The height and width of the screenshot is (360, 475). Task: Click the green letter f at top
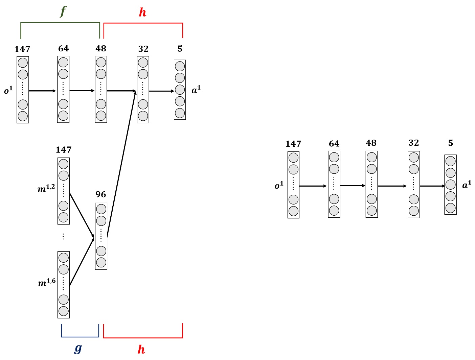(63, 11)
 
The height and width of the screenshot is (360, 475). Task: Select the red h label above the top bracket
(142, 13)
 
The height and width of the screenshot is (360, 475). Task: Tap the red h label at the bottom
(141, 350)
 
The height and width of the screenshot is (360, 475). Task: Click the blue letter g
(78, 348)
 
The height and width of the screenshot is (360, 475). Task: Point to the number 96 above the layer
(100, 194)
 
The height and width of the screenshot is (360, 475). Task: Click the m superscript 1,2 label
(46, 188)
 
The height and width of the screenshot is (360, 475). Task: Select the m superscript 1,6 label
(47, 282)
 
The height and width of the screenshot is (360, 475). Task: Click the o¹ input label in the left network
(8, 90)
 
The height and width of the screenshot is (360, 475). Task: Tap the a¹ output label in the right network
(467, 185)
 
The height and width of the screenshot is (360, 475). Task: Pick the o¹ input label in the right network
(279, 185)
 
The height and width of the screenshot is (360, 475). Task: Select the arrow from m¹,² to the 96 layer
(82, 215)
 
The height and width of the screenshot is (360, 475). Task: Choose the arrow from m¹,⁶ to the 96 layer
(82, 263)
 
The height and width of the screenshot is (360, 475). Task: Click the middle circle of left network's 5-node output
(180, 90)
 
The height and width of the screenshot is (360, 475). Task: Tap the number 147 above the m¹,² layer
(64, 150)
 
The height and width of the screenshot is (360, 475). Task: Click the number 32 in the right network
(413, 143)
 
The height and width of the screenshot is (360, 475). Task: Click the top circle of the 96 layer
(101, 209)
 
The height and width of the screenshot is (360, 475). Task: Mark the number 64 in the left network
(63, 49)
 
